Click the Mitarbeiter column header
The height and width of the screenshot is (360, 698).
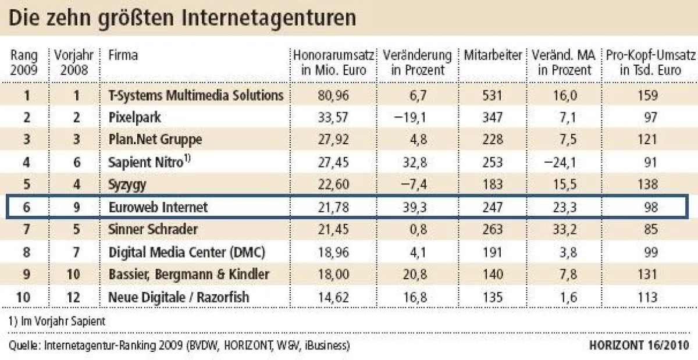point(493,56)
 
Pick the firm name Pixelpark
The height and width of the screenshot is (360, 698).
point(134,117)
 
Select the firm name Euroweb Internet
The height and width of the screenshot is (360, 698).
point(158,207)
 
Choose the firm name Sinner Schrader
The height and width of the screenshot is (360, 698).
point(153,229)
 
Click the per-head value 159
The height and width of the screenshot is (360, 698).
point(647,95)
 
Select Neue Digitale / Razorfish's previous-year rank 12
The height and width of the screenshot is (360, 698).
point(74,297)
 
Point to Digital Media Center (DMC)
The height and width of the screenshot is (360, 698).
point(187,252)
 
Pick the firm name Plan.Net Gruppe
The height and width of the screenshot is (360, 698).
point(155,140)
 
